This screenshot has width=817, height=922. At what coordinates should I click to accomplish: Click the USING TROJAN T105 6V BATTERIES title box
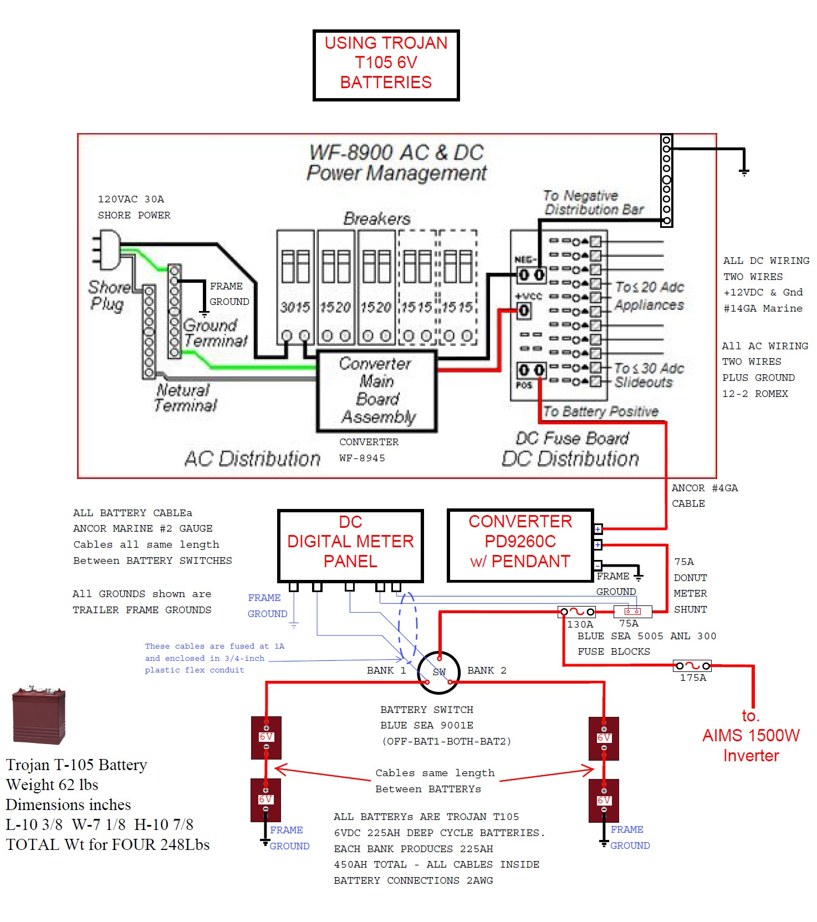tap(386, 65)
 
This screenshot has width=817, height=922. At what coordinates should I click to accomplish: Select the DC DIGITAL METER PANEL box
tap(350, 545)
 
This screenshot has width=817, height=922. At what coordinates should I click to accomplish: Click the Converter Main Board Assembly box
tap(377, 390)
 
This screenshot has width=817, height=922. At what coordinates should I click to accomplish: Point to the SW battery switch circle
tap(438, 672)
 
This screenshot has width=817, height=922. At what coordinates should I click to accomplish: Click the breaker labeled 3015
tap(295, 288)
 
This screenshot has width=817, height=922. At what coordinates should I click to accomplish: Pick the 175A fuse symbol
tap(692, 665)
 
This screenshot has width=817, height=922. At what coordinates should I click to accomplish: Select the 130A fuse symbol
tap(577, 612)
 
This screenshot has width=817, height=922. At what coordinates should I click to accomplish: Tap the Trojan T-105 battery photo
tap(39, 715)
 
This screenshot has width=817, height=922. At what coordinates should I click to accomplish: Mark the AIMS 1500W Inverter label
tap(751, 736)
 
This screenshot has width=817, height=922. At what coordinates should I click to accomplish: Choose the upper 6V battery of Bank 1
tap(266, 737)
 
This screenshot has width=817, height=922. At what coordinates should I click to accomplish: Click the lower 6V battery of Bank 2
tap(604, 801)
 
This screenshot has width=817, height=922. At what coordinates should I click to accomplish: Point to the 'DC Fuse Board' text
tap(572, 439)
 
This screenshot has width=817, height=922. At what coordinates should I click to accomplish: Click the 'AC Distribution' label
tap(252, 459)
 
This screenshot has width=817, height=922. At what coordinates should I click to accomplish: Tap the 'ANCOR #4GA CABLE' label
tap(704, 496)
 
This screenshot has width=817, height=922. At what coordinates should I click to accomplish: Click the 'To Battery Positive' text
tap(600, 411)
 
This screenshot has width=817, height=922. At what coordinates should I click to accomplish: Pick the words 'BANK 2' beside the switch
tap(487, 670)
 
